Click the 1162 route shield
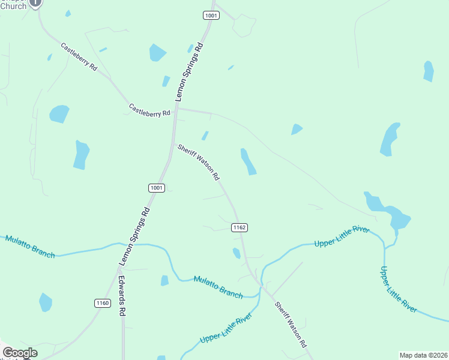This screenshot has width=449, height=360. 239,227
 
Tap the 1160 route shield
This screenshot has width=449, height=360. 102,303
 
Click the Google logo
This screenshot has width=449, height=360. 20,353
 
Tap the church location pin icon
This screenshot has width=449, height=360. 36,3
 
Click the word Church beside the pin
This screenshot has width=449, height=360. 13,6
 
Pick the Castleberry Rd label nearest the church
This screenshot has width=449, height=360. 79,57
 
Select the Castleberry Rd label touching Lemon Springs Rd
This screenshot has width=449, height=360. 149,110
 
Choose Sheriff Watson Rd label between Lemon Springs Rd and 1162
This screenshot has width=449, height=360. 199,162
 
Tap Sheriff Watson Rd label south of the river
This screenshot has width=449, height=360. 291,325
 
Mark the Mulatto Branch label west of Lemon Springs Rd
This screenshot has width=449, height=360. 30,247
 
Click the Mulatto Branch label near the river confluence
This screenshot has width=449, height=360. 218,287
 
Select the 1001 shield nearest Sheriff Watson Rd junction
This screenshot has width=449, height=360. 156,188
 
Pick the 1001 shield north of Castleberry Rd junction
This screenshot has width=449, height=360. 211,16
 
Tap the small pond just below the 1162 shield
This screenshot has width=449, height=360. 237,253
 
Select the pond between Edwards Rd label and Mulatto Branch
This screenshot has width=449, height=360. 164,280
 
